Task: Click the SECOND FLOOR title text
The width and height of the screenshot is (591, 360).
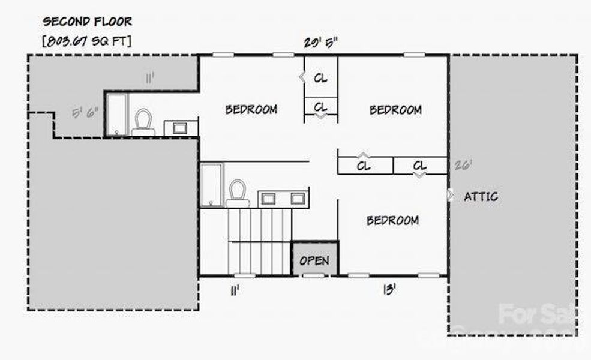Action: pos(87,22)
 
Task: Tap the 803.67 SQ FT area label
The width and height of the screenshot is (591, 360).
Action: pos(87,41)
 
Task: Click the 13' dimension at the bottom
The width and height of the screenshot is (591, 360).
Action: pos(389,290)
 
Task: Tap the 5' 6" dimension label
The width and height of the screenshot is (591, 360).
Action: pos(85,113)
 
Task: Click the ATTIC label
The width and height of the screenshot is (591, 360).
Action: pos(481,196)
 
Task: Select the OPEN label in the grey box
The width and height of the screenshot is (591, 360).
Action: pos(314,260)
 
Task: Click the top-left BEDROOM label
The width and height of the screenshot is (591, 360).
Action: pos(251,109)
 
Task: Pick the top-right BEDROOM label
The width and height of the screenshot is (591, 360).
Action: pos(395,110)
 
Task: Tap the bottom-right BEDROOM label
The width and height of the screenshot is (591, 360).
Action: pos(392,220)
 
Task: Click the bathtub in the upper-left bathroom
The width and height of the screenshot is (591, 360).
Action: pos(116,114)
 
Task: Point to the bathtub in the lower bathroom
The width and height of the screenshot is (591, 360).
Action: pos(211,184)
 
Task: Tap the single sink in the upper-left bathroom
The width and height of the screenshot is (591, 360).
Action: pos(179,127)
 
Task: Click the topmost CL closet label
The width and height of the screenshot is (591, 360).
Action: pos(321,78)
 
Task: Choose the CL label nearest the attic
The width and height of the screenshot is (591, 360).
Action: pos(420,166)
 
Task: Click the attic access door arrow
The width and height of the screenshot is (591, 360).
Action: pos(450,195)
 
